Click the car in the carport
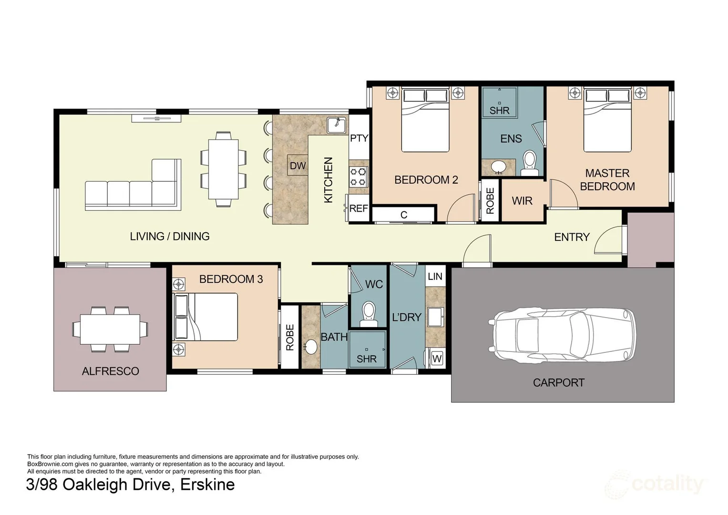[565, 335]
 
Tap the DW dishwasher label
[297, 166]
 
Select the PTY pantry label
[359, 138]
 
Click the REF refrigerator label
[359, 208]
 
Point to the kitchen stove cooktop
[359, 176]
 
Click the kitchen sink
[337, 125]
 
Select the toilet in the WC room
[369, 314]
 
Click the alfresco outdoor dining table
[110, 329]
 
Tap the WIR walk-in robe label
[522, 201]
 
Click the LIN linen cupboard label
[435, 277]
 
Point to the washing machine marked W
[437, 359]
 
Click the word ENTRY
[572, 237]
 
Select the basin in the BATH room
[311, 347]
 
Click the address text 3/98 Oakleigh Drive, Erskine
[130, 484]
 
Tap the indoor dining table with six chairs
[223, 169]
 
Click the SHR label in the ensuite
[499, 111]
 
